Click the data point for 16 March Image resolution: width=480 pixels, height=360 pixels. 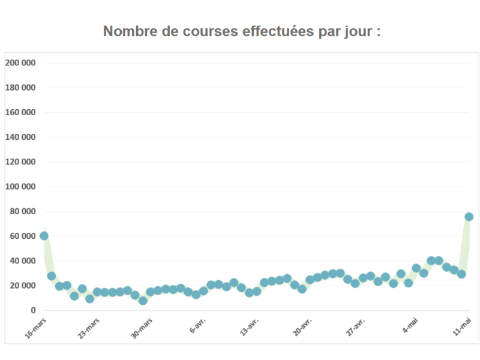click(x=44, y=236)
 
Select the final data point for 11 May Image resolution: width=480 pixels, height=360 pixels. click(x=469, y=217)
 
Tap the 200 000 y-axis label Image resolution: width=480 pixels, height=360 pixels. click(x=20, y=63)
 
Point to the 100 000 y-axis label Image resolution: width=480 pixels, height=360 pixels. click(x=20, y=187)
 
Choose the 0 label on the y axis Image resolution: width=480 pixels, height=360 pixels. click(x=34, y=310)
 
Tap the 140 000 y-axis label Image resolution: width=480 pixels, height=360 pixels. click(x=20, y=137)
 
